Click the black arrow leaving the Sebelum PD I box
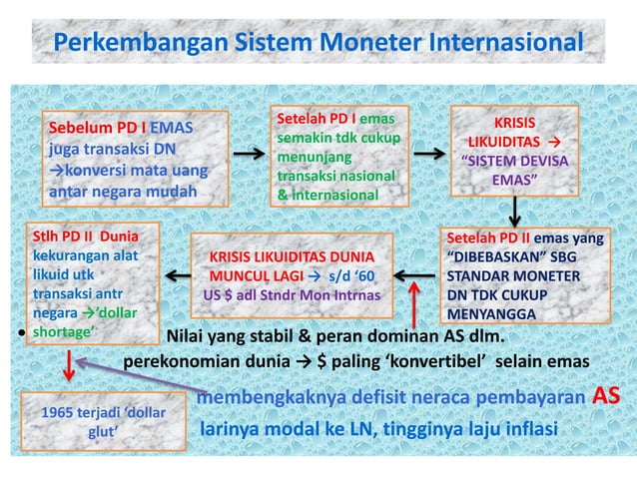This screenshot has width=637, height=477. (250, 156)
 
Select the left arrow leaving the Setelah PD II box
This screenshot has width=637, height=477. (413, 273)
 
